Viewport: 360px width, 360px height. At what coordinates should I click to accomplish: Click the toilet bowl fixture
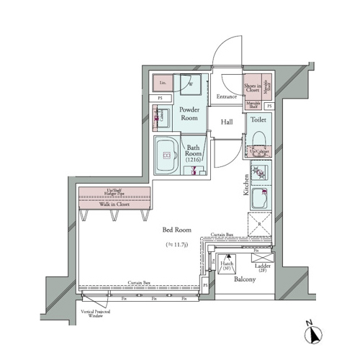pyautogui.click(x=261, y=137)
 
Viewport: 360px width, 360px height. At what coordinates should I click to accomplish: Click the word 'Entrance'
pyautogui.click(x=227, y=96)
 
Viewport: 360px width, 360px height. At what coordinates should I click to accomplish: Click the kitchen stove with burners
pyautogui.click(x=260, y=174)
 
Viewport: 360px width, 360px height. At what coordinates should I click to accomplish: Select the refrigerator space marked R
pyautogui.click(x=259, y=224)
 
